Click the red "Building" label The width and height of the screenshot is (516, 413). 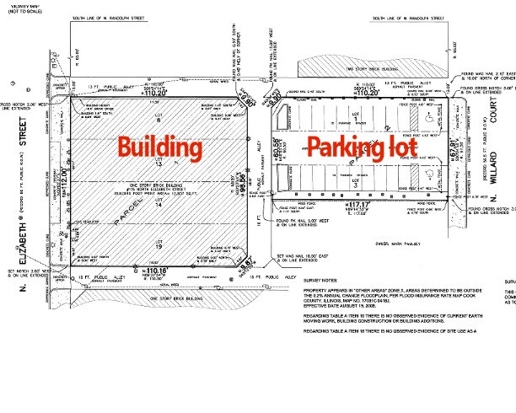[x=159, y=147]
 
